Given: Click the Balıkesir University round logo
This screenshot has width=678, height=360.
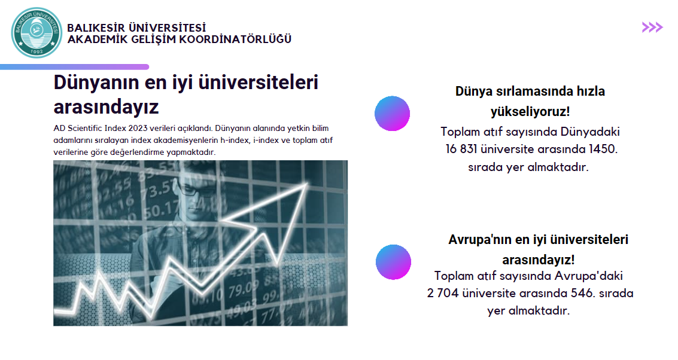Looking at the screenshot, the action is pos(37,33).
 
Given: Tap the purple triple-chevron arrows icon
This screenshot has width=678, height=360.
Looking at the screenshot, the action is pos(652,28).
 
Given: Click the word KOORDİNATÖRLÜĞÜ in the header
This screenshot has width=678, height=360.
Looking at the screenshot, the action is pos(235,39).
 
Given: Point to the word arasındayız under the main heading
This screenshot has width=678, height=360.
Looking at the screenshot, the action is pos(106,107).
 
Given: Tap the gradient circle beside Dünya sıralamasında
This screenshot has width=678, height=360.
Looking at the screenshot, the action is pos(392,113).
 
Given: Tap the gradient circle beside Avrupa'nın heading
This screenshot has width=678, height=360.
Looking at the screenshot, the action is pos(394,262).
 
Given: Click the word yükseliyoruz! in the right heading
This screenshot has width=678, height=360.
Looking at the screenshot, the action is pos(530,111).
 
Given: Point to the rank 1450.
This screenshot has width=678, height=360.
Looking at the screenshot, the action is pos(603,149).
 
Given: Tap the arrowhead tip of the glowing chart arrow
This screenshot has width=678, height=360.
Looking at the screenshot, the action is pos(307,184).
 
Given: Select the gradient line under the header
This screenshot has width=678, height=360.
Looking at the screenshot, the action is pos(74,67).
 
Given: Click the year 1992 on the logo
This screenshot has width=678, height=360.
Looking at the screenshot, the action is pos(37,51).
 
